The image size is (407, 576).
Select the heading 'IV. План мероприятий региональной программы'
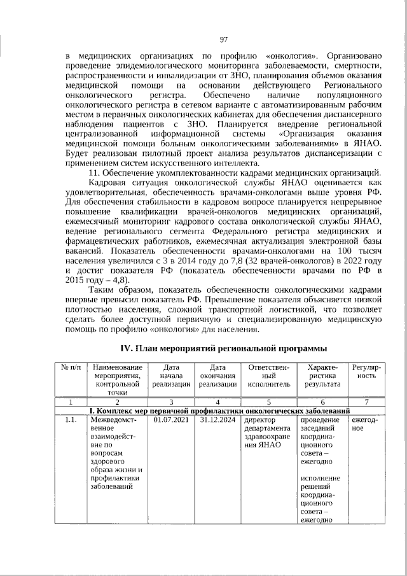point(224,348)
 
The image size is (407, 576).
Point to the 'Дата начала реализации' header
point(172,376)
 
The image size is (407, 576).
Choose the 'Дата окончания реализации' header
point(218,376)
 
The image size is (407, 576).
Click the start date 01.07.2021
point(172,420)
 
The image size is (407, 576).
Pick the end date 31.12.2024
point(218,420)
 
